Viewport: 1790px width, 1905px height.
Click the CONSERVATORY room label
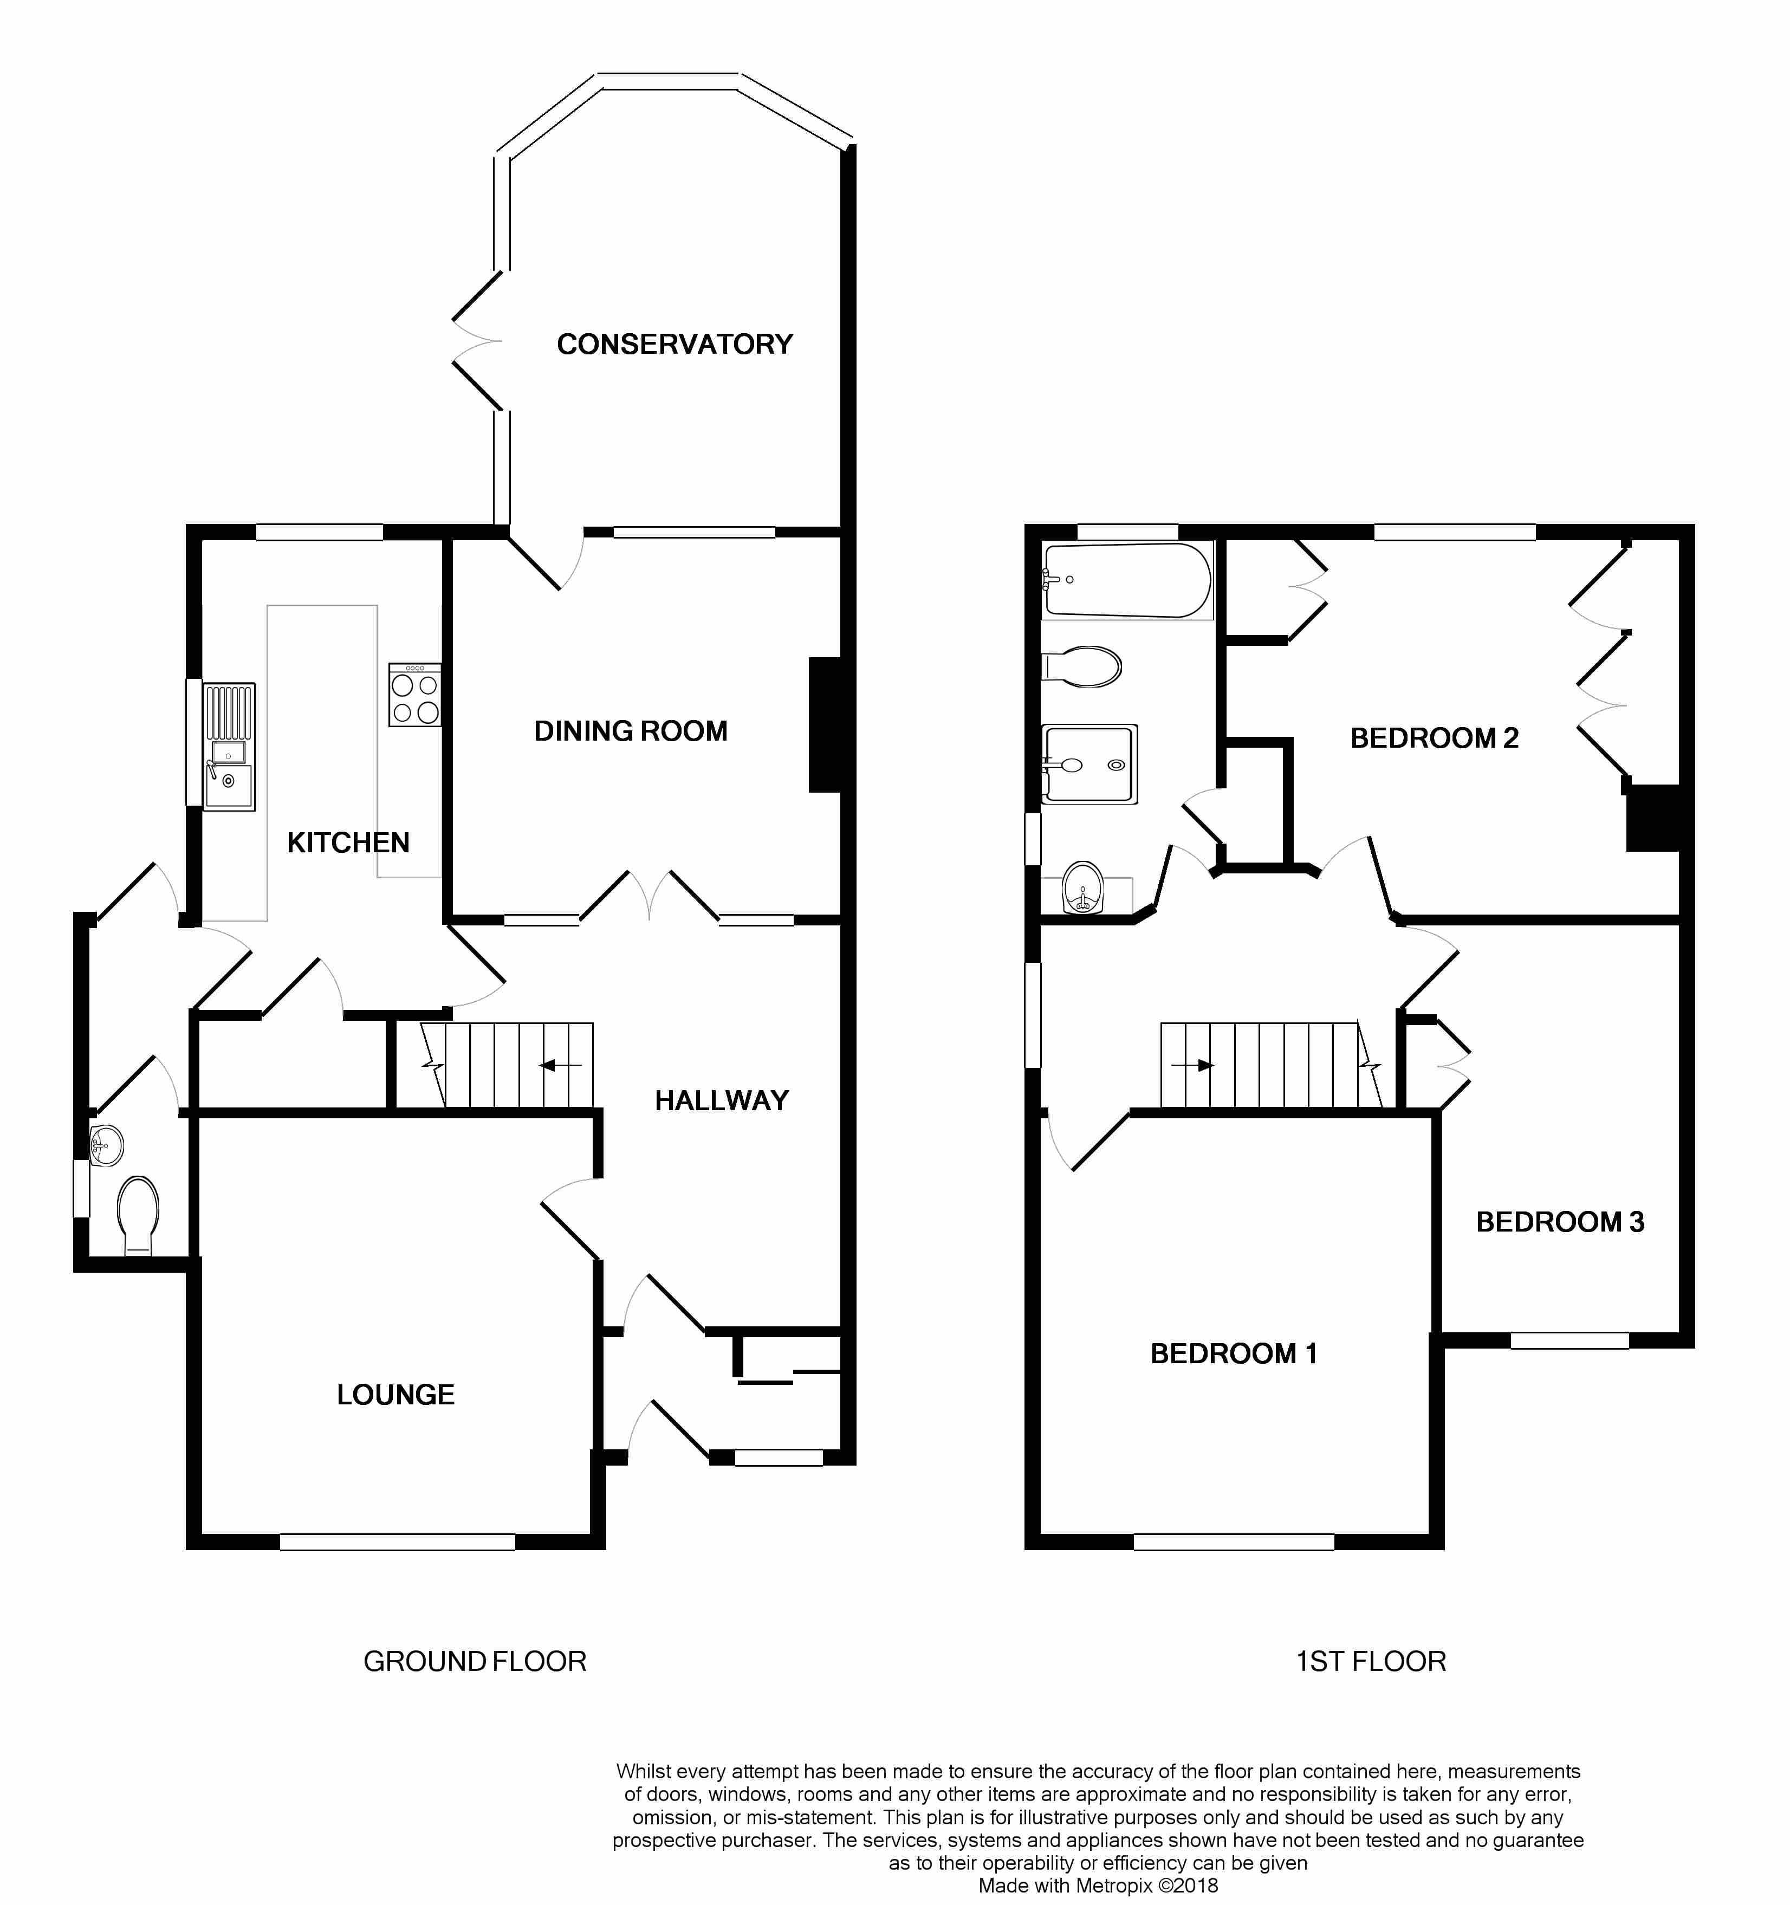tap(675, 344)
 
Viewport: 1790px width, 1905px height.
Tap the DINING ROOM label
tap(631, 731)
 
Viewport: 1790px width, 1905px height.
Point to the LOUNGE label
tap(395, 1394)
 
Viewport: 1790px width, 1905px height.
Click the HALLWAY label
tap(722, 1100)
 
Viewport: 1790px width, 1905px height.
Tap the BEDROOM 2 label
tap(1435, 738)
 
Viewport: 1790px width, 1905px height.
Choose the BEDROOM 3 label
tap(1560, 1222)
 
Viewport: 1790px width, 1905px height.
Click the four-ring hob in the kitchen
tap(415, 695)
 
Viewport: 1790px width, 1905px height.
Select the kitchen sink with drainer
tap(229, 747)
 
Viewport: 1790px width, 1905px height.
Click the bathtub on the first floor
tap(1127, 581)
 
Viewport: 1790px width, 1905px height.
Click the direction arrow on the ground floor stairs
tap(561, 1065)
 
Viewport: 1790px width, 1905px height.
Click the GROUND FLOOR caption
tap(475, 1662)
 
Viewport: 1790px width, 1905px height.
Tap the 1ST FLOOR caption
tap(1371, 1662)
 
